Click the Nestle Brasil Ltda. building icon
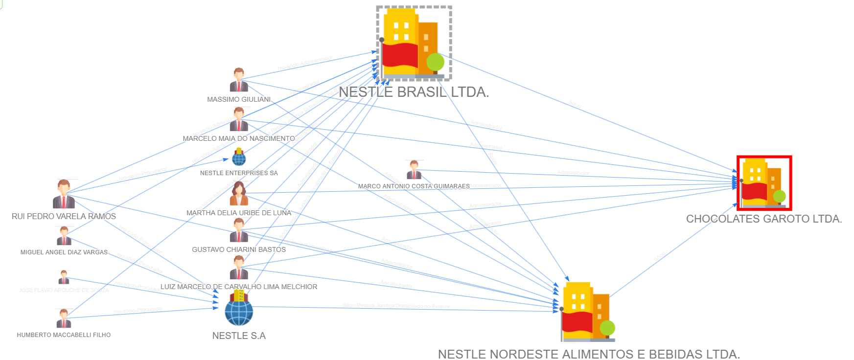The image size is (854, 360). (414, 43)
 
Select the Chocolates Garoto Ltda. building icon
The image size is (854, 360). (763, 183)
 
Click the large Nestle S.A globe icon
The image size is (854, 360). (239, 311)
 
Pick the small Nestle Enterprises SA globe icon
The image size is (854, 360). (239, 157)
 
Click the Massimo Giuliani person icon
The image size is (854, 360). (239, 80)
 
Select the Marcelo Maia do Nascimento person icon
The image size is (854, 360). (239, 119)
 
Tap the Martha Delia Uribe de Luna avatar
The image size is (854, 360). (239, 194)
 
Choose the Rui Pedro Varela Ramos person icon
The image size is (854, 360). (64, 194)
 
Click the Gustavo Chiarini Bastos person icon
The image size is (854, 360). (239, 230)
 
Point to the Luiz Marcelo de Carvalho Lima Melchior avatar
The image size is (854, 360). (239, 268)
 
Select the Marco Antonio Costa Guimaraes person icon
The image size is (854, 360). (414, 170)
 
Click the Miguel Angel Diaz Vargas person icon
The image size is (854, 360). (64, 236)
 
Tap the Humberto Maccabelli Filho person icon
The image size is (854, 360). (64, 318)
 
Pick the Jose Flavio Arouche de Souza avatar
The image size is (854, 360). (64, 277)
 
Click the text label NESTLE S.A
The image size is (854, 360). (239, 336)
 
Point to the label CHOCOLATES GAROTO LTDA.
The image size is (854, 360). (763, 219)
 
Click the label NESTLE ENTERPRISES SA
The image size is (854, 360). (239, 173)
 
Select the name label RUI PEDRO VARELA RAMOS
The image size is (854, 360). (64, 216)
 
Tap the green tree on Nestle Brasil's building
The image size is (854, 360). (435, 62)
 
